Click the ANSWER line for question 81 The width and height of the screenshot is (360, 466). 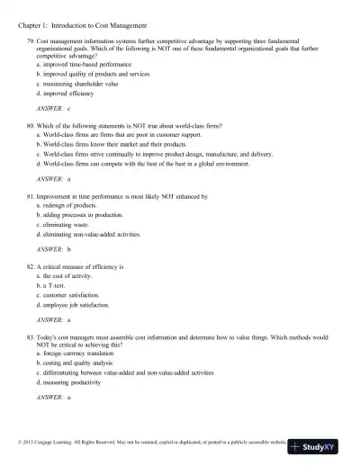pos(54,248)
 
